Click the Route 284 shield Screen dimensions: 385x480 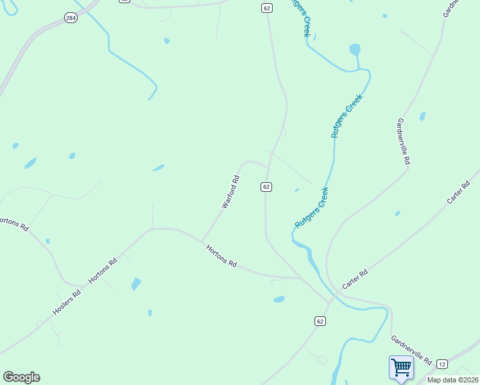pyautogui.click(x=70, y=19)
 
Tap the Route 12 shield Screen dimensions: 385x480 pyautogui.click(x=441, y=364)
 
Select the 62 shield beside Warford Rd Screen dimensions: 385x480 pyautogui.click(x=266, y=186)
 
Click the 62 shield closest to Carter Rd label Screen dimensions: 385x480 pyautogui.click(x=320, y=320)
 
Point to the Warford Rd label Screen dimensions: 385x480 pyautogui.click(x=230, y=192)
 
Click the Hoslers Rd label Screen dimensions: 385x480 pyautogui.click(x=67, y=303)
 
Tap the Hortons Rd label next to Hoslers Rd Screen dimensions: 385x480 pyautogui.click(x=103, y=271)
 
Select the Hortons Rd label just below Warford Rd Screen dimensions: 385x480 pyautogui.click(x=221, y=255)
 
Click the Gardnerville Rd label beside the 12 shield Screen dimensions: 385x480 pyautogui.click(x=411, y=350)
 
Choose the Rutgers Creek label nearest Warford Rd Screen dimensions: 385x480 pyautogui.click(x=312, y=207)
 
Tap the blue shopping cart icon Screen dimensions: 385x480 pyautogui.click(x=401, y=368)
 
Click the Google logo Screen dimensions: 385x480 pyautogui.click(x=21, y=377)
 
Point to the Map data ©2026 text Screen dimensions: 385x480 pyautogui.click(x=452, y=380)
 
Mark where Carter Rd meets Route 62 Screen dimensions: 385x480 pyautogui.click(x=329, y=300)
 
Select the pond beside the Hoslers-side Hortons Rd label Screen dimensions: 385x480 pyautogui.click(x=135, y=284)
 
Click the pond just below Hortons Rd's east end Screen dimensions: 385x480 pyautogui.click(x=279, y=299)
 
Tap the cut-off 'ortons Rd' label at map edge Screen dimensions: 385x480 pyautogui.click(x=14, y=223)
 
